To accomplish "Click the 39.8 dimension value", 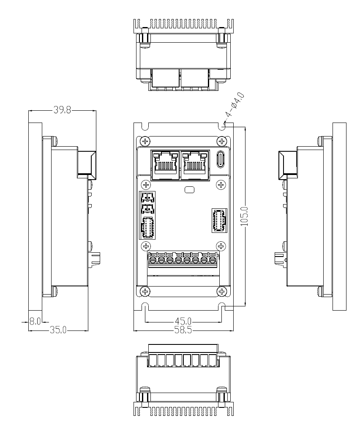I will [x=62, y=111].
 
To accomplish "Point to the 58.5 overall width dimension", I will [x=184, y=330].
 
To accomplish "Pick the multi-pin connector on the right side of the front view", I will [x=219, y=220].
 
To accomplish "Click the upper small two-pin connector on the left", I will [x=147, y=197].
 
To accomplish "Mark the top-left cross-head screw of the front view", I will [x=145, y=140].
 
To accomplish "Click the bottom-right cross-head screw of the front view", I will [x=222, y=291].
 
